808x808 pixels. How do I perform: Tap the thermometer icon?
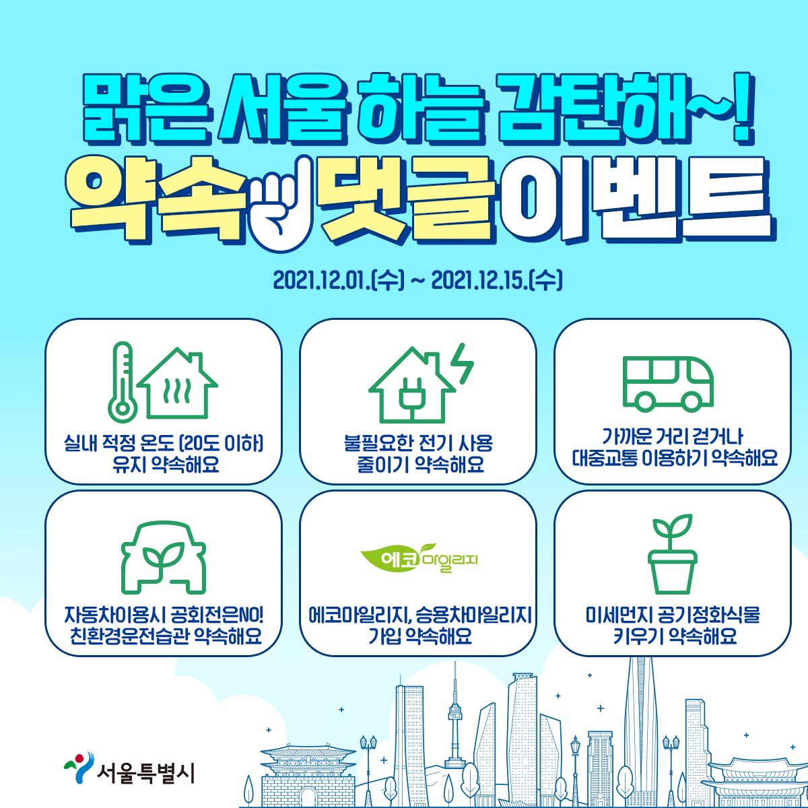click(x=122, y=382)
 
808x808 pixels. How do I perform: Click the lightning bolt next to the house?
click(x=464, y=364)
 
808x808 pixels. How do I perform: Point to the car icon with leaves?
click(x=164, y=558)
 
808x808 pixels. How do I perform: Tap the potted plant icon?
click(x=672, y=554)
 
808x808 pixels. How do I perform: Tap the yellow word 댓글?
click(x=405, y=202)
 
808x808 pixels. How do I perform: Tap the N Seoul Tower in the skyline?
click(x=455, y=718)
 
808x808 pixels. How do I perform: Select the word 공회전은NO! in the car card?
click(x=217, y=615)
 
